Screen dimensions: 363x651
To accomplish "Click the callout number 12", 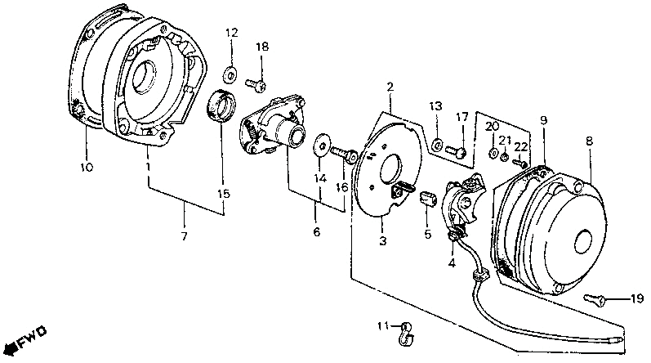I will click(231, 33).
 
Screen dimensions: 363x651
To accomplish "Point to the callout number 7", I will click(184, 236).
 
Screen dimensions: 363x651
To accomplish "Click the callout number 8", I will click(588, 141).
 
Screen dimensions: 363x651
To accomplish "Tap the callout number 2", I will click(390, 86).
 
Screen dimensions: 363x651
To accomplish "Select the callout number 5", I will click(426, 233).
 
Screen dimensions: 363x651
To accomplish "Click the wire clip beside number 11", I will click(405, 329).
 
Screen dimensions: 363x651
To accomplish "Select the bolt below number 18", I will click(253, 83).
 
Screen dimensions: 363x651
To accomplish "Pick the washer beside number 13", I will click(438, 145).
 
